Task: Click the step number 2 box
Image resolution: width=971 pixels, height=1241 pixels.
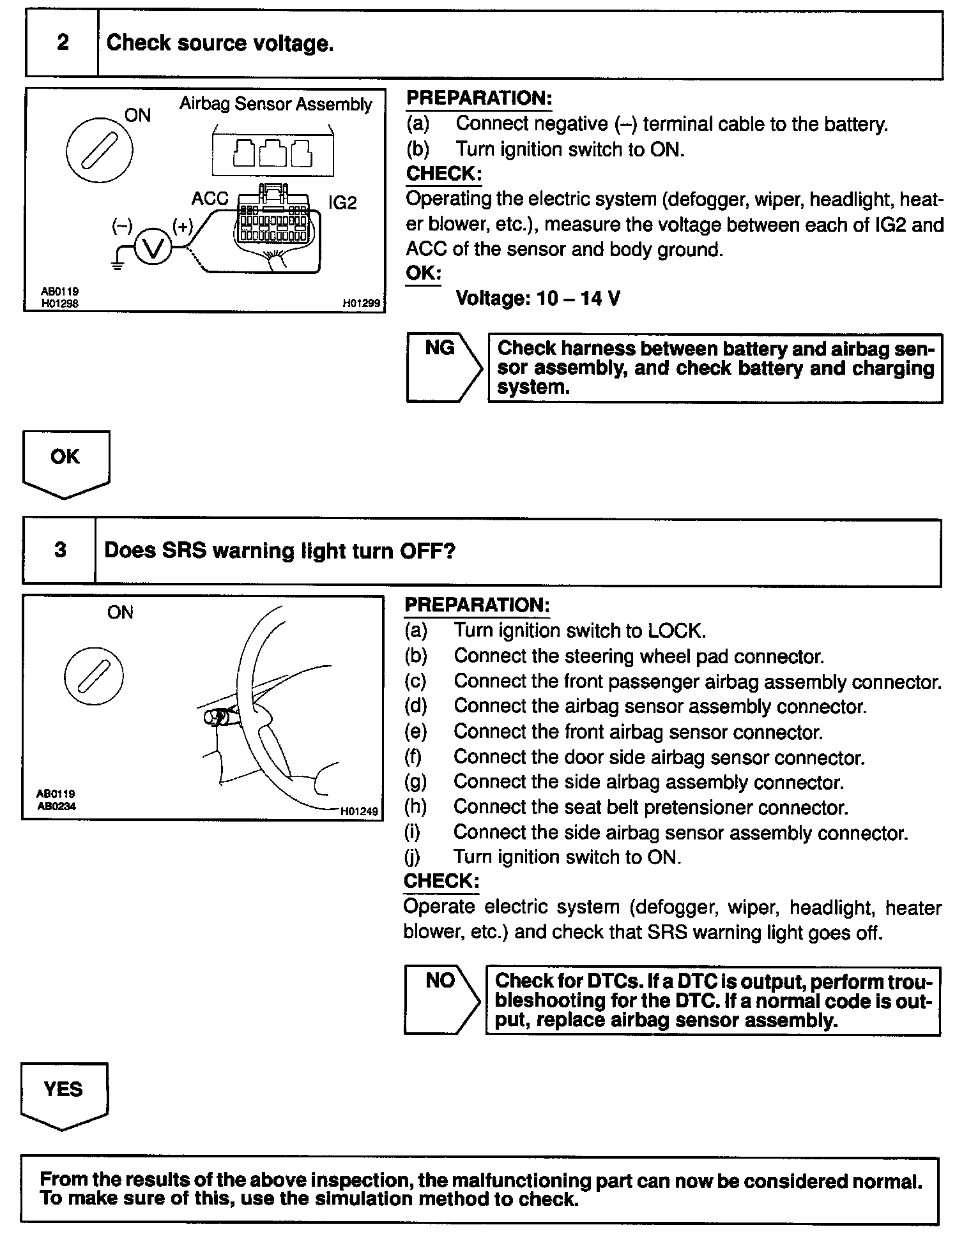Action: [62, 43]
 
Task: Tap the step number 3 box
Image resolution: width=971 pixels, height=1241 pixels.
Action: [59, 550]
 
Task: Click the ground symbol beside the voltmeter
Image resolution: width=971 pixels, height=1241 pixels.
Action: [116, 263]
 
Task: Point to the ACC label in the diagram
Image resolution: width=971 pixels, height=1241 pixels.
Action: [210, 199]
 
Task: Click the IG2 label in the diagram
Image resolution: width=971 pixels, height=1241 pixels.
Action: [342, 203]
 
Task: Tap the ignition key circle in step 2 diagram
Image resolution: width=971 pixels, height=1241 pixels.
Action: [99, 151]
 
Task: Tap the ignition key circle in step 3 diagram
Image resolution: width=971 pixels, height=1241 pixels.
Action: [93, 676]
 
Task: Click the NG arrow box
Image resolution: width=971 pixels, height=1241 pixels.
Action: [442, 367]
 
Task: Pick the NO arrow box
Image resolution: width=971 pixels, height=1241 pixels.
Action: [440, 999]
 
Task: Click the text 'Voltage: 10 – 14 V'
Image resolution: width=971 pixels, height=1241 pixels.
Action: [537, 298]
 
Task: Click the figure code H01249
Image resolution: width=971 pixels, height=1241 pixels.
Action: [359, 811]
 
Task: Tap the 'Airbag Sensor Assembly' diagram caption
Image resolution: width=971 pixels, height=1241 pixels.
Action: [275, 104]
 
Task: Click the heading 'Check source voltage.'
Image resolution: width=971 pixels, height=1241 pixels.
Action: [220, 43]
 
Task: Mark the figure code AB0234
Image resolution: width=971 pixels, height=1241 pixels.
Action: [56, 806]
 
